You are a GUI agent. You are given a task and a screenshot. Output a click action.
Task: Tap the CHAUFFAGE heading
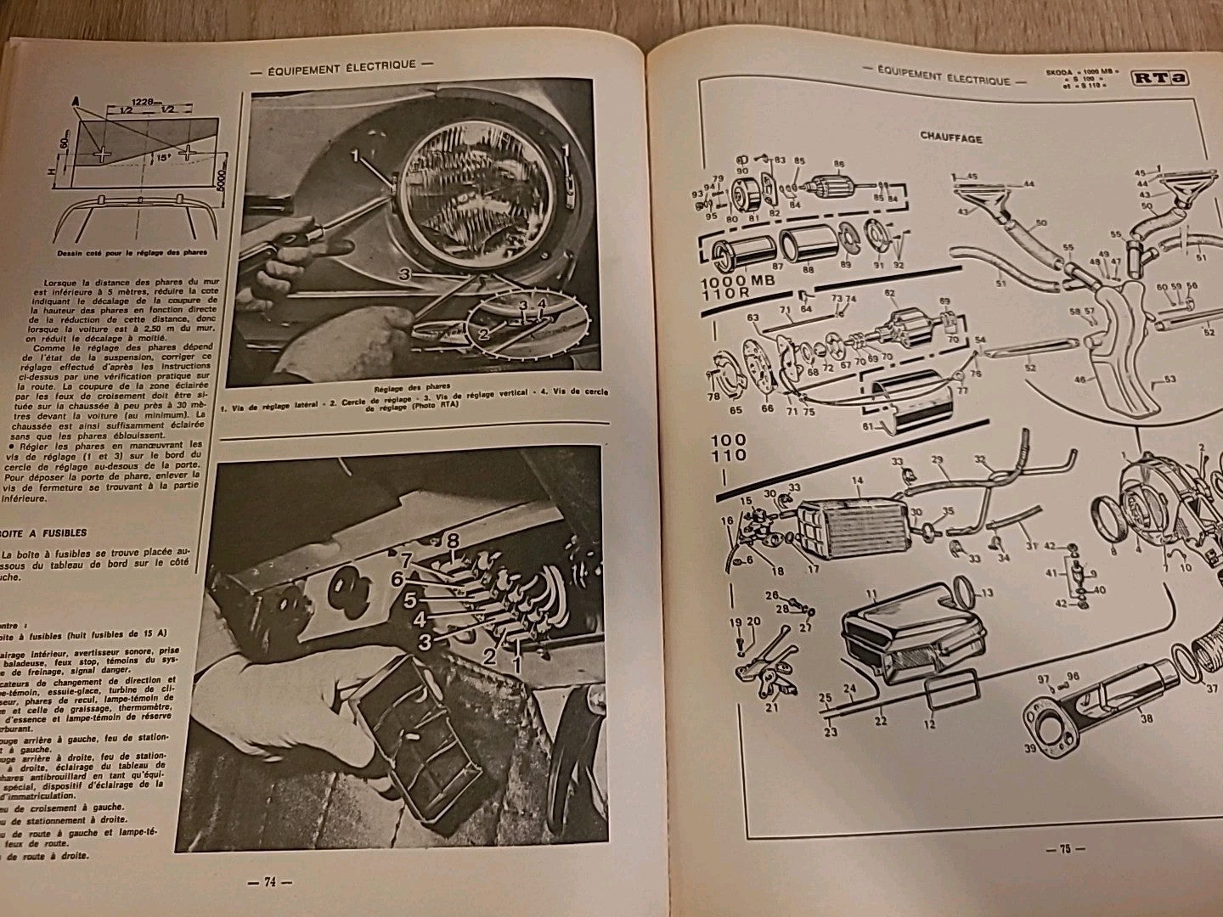951,138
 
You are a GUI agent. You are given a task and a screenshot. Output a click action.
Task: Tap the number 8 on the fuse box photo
453,539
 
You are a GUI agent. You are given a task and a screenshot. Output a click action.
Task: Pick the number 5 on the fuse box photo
410,600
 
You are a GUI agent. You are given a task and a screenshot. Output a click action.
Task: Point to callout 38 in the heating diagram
1146,717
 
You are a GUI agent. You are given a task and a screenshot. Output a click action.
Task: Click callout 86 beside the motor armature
840,164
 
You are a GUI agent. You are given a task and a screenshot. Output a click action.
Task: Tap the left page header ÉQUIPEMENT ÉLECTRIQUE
342,64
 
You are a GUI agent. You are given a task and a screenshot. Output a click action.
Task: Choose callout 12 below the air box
929,724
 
